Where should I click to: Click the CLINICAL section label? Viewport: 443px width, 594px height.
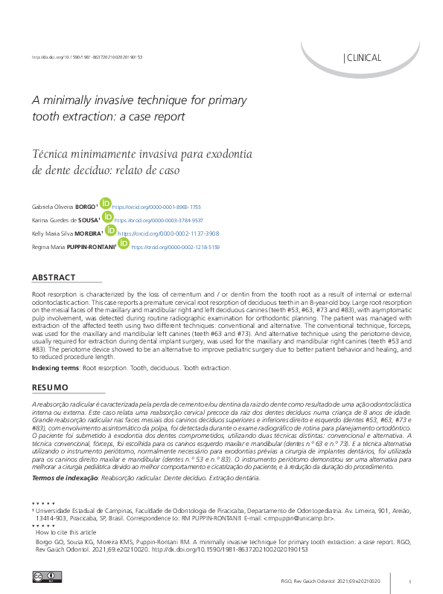tap(363, 58)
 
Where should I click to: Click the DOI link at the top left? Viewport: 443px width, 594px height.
tap(87, 57)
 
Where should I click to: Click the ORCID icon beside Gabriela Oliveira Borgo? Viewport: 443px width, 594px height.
tap(105, 203)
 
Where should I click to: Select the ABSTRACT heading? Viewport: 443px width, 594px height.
tap(54, 277)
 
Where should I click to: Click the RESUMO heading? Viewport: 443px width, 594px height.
tap(50, 387)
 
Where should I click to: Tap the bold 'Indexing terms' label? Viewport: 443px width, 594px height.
tap(55, 368)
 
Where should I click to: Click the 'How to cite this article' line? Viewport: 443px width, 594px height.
tap(66, 532)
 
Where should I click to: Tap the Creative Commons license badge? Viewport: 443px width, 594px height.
tap(46, 576)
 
